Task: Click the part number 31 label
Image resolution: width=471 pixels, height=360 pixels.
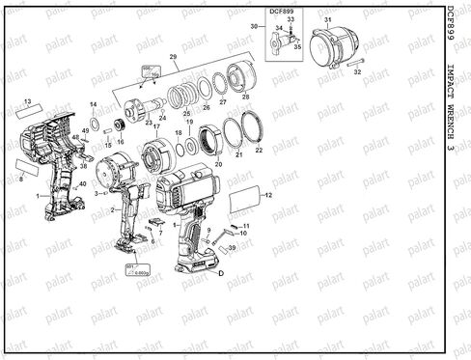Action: tap(327, 19)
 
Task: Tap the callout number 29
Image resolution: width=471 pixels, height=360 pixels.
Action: tap(174, 60)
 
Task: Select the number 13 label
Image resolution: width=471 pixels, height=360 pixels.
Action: tap(28, 100)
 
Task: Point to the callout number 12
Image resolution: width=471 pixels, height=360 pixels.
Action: tap(269, 196)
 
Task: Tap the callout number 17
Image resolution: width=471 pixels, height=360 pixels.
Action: tap(156, 126)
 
